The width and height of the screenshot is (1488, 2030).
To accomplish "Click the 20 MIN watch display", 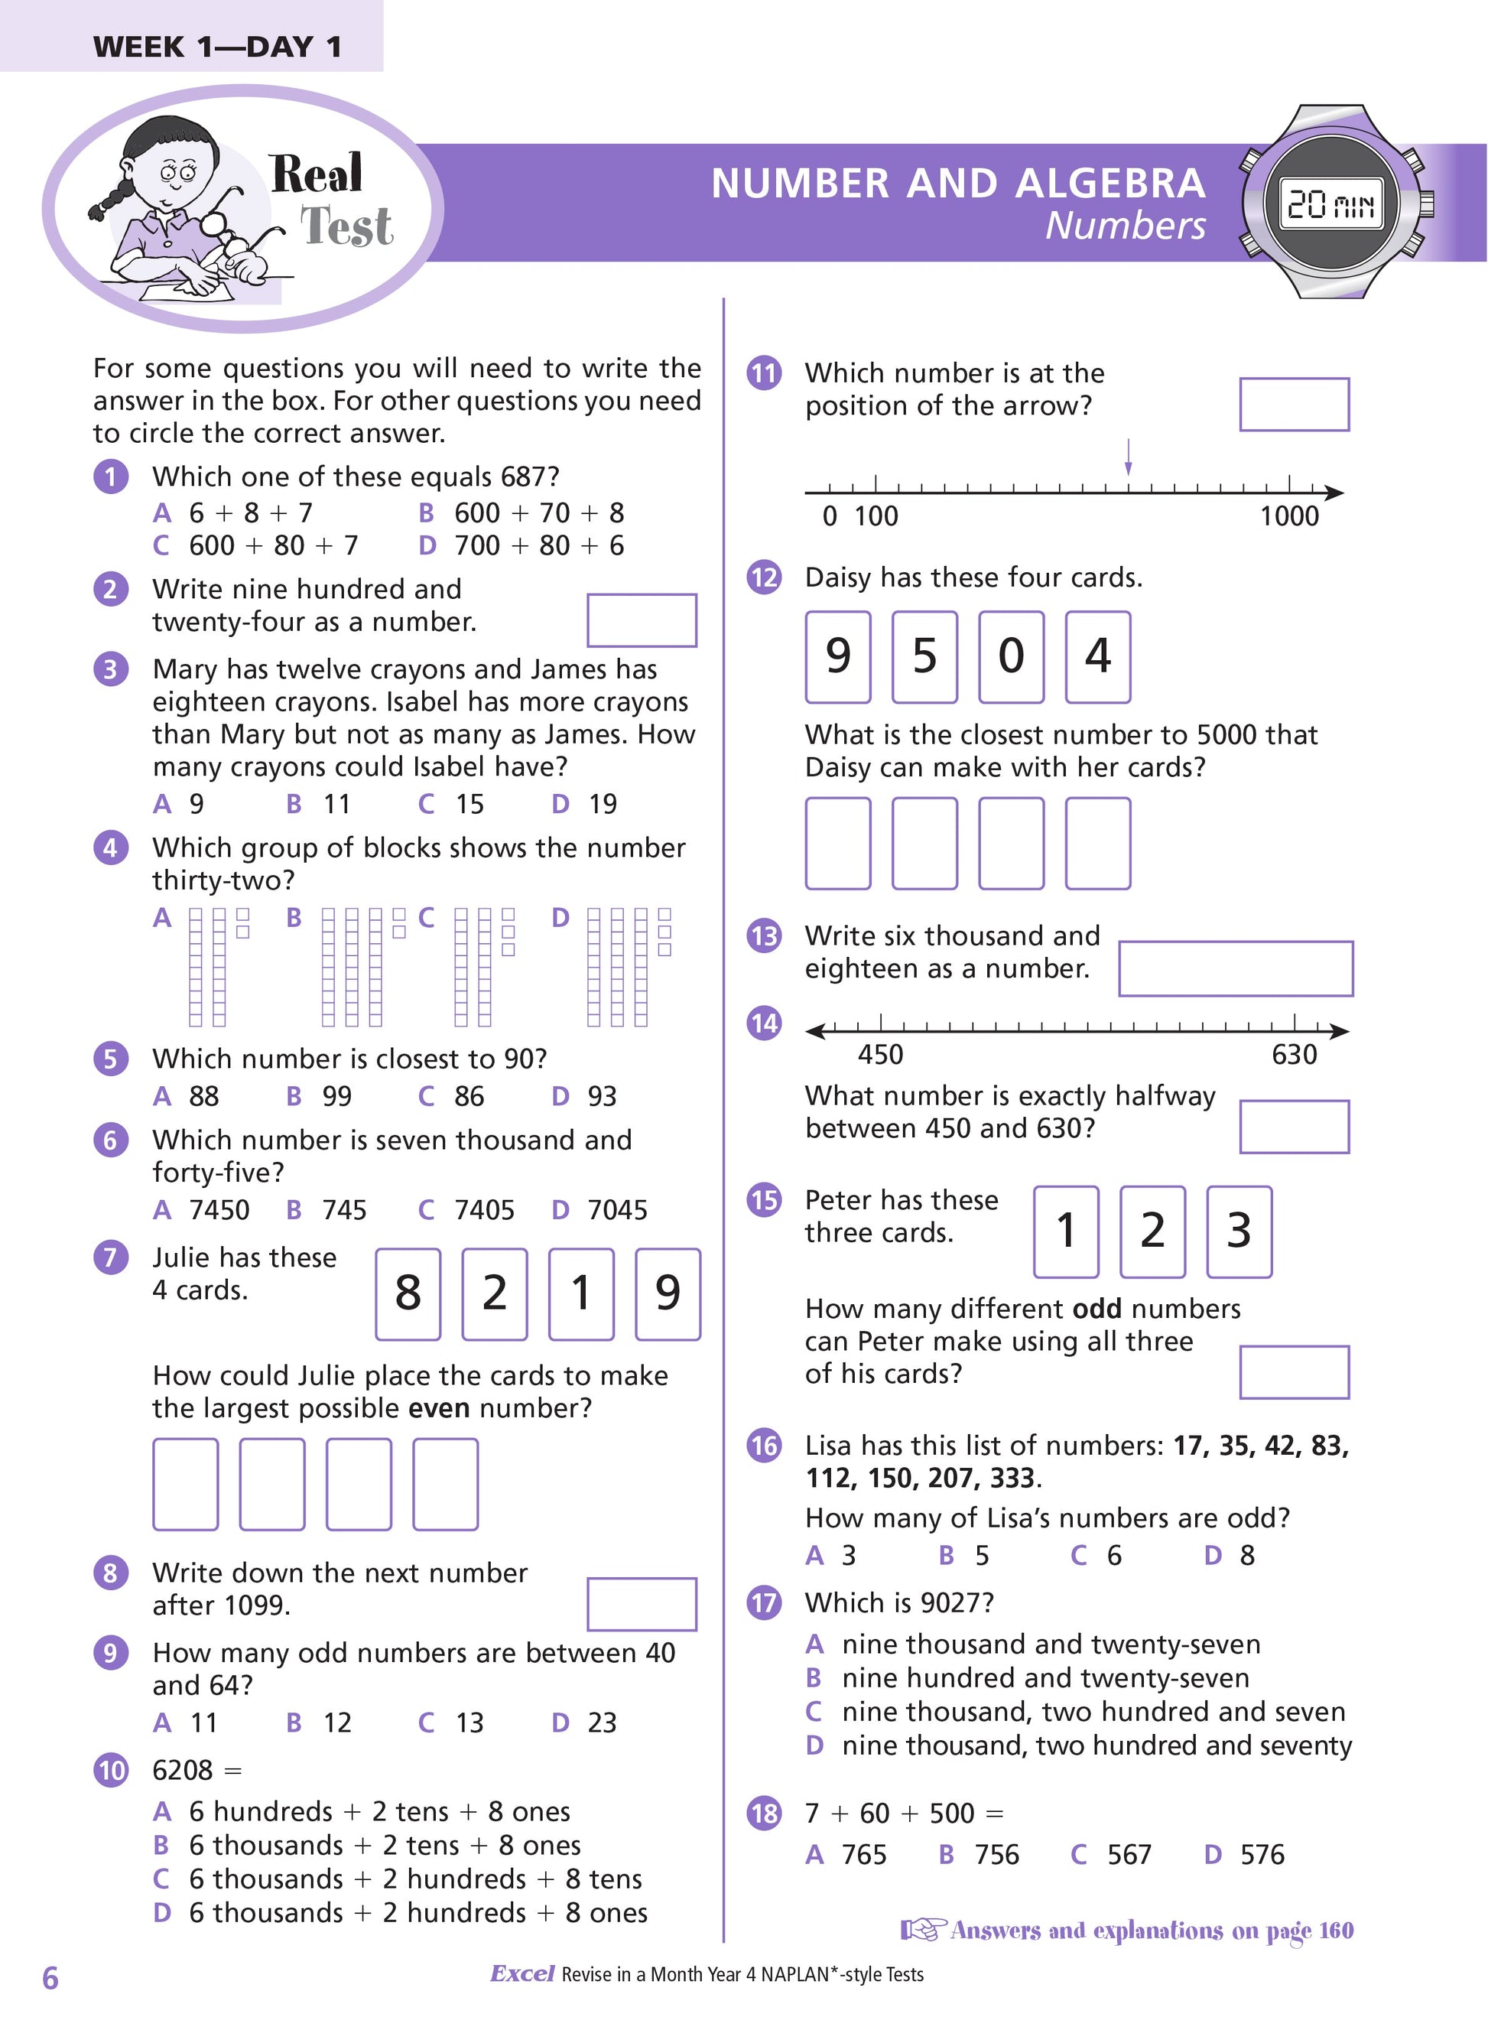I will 1330,204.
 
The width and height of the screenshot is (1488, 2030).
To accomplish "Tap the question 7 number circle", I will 111,1256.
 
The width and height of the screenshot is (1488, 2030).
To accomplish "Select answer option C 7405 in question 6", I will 466,1209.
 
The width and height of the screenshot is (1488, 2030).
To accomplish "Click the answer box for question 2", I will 642,620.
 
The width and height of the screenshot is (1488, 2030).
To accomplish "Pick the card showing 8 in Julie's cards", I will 408,1293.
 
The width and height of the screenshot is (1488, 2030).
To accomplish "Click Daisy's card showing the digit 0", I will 1011,656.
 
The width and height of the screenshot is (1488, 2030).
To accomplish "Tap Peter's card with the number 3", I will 1239,1231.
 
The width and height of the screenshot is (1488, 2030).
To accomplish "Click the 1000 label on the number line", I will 1289,516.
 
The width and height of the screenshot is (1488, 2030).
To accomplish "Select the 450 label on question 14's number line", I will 880,1054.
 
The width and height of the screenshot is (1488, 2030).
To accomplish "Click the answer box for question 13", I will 1235,968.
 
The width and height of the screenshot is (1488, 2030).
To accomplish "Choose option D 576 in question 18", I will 1246,1854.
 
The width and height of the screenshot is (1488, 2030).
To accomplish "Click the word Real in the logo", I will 317,174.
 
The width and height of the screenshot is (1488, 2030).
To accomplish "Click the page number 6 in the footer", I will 50,1979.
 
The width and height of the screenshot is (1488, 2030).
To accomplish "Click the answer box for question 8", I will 642,1604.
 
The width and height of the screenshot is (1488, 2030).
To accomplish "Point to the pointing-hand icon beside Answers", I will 922,1930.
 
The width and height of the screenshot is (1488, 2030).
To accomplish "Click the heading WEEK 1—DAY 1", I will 217,47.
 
